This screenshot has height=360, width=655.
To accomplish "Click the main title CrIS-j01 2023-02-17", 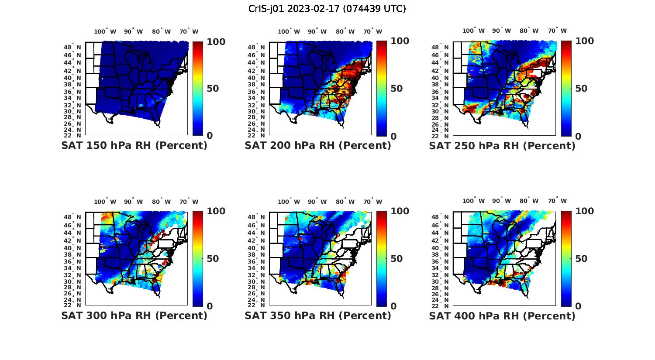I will tap(327, 9).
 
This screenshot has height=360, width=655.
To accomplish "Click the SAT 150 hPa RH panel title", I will tap(134, 146).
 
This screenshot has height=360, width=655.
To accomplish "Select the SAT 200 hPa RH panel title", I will tap(318, 146).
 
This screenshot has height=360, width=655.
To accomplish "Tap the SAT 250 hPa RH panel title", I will tap(502, 146).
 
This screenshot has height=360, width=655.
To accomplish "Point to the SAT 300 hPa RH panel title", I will tap(134, 315).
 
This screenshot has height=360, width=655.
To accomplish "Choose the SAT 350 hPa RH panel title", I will tap(318, 315).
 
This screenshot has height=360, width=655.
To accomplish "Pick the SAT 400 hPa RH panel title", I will tap(502, 315).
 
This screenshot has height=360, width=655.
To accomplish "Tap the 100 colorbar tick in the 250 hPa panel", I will tap(585, 41).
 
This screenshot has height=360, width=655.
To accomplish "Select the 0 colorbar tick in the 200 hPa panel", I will tap(393, 136).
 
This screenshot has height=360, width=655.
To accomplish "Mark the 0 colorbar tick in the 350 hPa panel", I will tap(393, 306).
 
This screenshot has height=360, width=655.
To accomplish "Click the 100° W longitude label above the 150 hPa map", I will tap(105, 31).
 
